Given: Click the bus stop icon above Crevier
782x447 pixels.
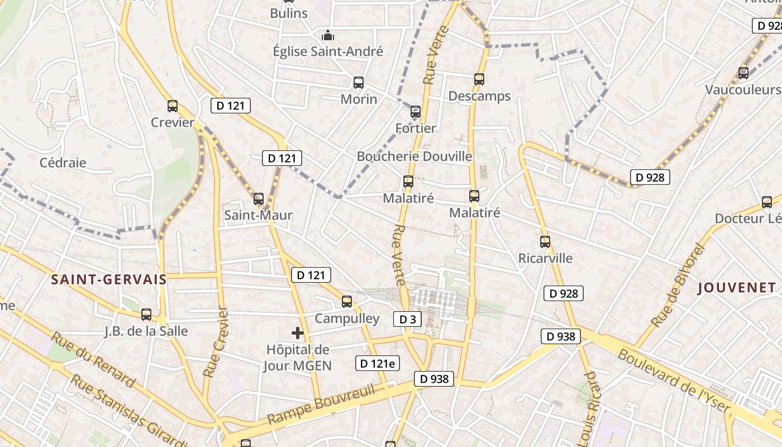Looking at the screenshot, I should pyautogui.click(x=173, y=106).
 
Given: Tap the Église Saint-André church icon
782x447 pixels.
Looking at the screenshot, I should pyautogui.click(x=328, y=36).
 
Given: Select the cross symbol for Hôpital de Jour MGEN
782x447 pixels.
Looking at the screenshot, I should pyautogui.click(x=298, y=334).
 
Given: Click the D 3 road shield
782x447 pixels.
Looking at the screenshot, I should pyautogui.click(x=407, y=319).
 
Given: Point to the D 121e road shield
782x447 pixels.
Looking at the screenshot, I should pyautogui.click(x=378, y=363).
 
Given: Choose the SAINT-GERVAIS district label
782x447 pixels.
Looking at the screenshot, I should pyautogui.click(x=109, y=280).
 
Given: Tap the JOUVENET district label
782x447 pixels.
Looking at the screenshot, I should pyautogui.click(x=737, y=288).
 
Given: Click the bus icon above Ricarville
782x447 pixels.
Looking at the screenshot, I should pyautogui.click(x=545, y=242).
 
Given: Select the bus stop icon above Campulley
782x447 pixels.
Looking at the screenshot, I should pyautogui.click(x=347, y=302).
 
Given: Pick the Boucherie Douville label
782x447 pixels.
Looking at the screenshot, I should pyautogui.click(x=414, y=156).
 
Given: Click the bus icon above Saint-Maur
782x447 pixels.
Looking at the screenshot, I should pyautogui.click(x=258, y=199).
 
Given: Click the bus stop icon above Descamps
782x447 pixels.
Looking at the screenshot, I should pyautogui.click(x=479, y=79).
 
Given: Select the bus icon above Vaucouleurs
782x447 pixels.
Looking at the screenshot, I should pyautogui.click(x=743, y=73).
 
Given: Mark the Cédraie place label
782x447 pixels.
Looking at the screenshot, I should pyautogui.click(x=63, y=163).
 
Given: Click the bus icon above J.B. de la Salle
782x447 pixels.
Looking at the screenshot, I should pyautogui.click(x=146, y=315).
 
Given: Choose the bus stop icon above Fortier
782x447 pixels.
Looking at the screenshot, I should pyautogui.click(x=416, y=112).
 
